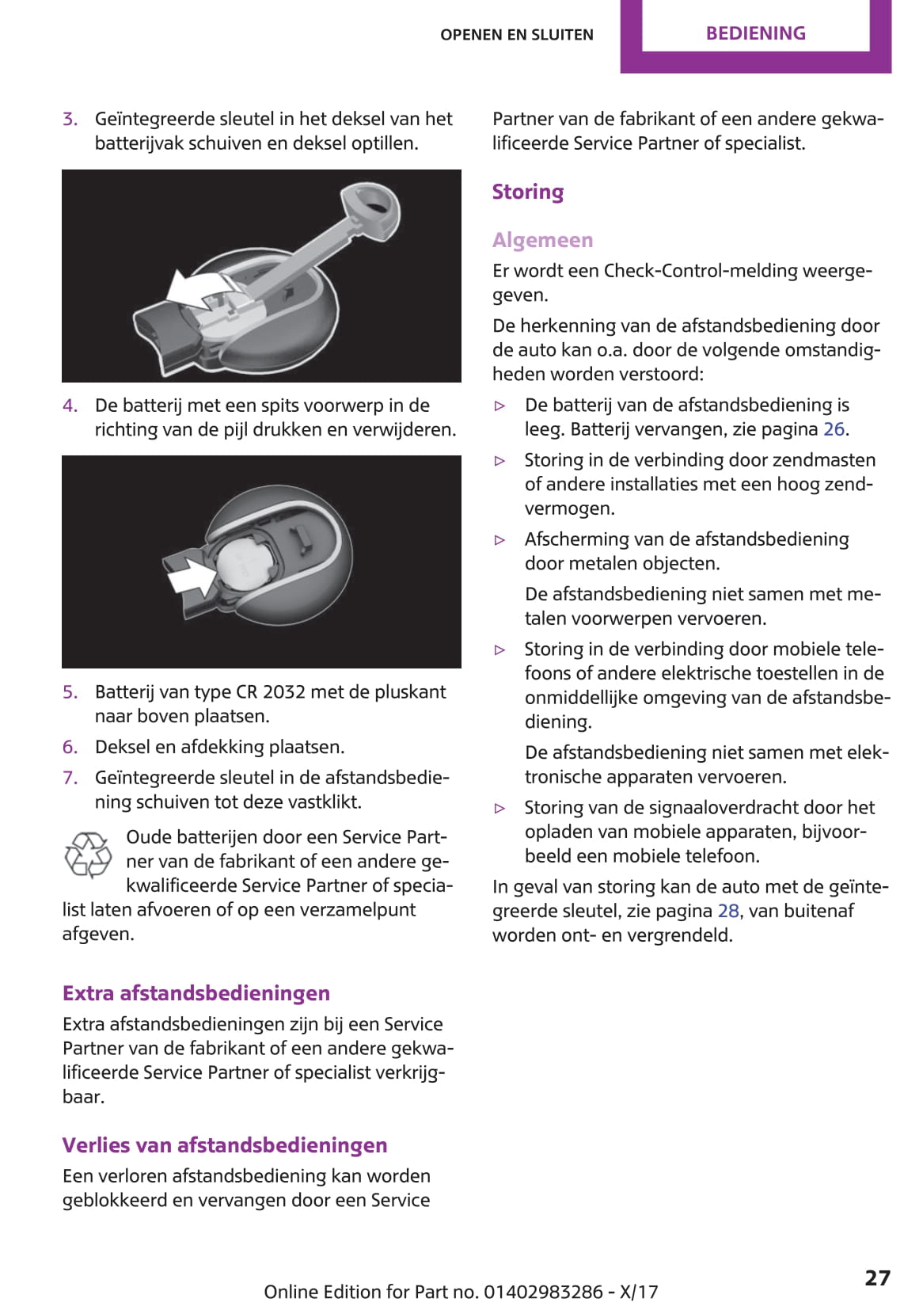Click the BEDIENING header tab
755,33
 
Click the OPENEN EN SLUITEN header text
516,35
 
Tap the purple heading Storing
528,192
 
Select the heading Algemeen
542,240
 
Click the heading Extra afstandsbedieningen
196,993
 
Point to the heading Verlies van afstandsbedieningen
225,1145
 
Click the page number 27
877,1278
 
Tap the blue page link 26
834,429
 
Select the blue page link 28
728,911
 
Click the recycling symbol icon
88,855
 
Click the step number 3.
70,120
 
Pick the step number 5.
70,692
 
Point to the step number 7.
70,778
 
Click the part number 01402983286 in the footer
543,1292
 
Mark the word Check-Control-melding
737,271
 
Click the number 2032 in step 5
283,692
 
